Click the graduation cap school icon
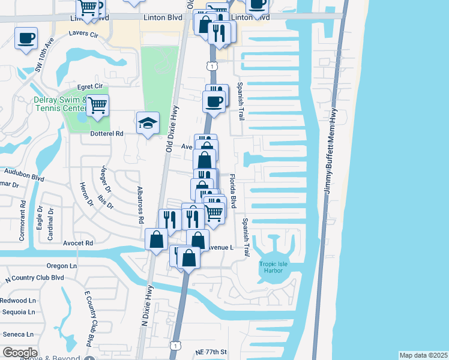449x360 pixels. click(148, 124)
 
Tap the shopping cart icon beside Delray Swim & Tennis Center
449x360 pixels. click(97, 106)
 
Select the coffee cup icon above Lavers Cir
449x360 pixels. click(26, 38)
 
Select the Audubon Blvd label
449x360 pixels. click(24, 178)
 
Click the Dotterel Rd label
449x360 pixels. click(107, 134)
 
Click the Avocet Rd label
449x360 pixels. click(78, 243)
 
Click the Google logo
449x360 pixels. click(20, 353)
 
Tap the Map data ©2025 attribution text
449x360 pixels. click(423, 355)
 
